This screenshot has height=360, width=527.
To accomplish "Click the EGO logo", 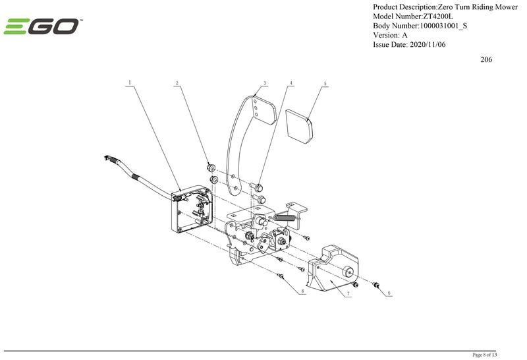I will (43, 26).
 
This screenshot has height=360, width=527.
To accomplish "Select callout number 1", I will (130, 83).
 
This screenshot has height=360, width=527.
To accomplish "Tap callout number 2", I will (177, 83).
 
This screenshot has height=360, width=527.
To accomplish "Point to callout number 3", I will (263, 83).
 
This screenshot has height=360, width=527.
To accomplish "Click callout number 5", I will (325, 84).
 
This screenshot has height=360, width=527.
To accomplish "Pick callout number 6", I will (389, 292).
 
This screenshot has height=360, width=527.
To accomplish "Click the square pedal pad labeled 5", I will (300, 126).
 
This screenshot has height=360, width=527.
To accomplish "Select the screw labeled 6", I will (376, 284).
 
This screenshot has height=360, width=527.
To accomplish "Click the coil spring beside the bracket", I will (284, 217).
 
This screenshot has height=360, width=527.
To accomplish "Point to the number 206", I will (486, 59).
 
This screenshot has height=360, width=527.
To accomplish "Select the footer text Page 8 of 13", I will (489, 355).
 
